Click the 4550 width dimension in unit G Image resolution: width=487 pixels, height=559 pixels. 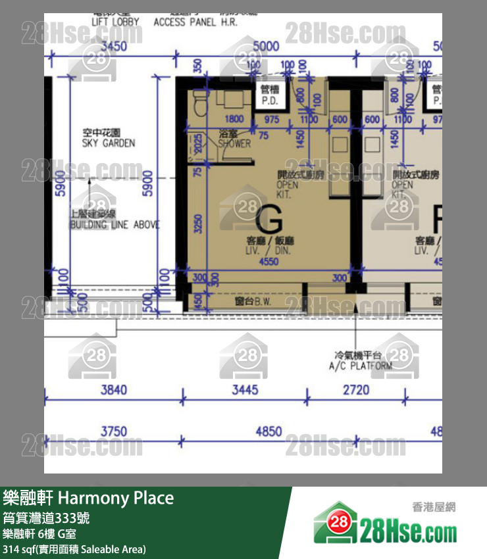[x=269, y=261]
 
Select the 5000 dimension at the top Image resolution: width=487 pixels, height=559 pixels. [x=266, y=47]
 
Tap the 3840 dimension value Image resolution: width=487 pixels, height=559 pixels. [x=113, y=390]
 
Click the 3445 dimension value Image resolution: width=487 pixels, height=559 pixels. [x=245, y=390]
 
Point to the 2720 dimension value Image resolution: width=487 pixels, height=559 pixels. [x=356, y=390]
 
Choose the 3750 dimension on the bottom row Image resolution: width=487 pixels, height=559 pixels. [x=113, y=432]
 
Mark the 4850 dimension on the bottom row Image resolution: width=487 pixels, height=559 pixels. [x=269, y=432]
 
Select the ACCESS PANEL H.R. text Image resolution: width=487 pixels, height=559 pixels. [x=195, y=22]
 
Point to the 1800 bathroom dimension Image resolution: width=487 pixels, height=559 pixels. [x=234, y=120]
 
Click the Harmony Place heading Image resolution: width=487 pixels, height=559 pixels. [x=88, y=498]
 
